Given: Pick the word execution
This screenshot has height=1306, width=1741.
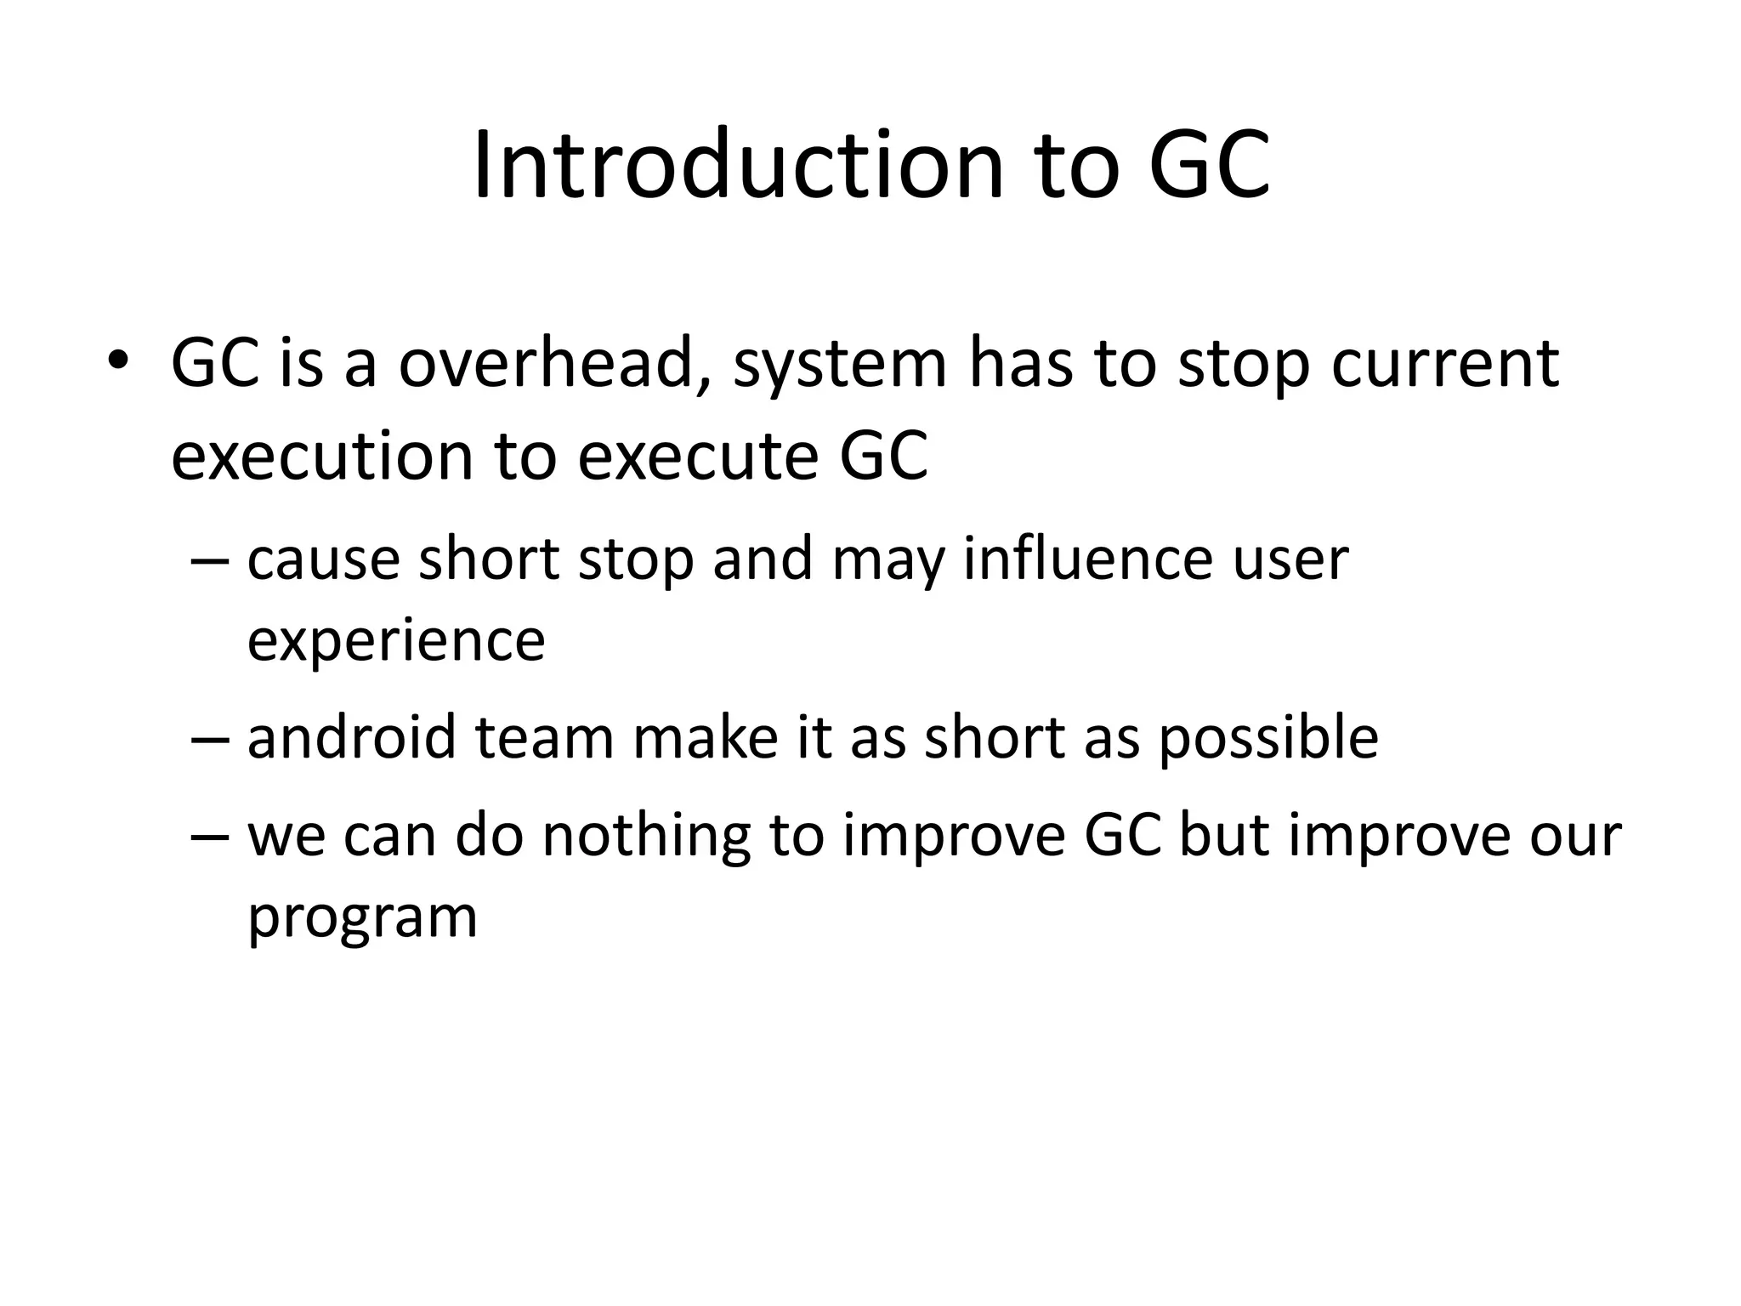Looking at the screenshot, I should (x=321, y=457).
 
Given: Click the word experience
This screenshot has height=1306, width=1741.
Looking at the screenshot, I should (x=395, y=643).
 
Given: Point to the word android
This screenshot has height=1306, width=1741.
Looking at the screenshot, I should (x=351, y=737).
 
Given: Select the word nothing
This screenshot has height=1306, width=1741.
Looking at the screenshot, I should (x=646, y=837).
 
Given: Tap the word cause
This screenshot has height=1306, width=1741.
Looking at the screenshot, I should (x=323, y=561).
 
